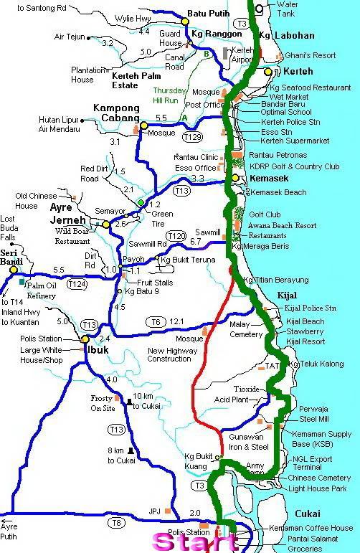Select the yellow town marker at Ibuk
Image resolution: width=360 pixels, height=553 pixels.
tap(85, 339)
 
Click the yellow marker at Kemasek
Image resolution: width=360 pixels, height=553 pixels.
tap(235, 178)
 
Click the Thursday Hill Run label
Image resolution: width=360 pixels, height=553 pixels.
tap(169, 95)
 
